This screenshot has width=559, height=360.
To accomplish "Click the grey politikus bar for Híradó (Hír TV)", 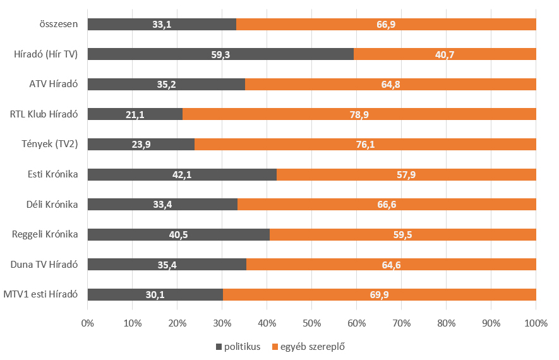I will pos(220,54).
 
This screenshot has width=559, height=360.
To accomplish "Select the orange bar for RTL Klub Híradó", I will pos(359,114).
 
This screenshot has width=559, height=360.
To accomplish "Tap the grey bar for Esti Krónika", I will pos(182,174).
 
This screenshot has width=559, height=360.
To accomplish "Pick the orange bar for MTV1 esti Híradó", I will pos(379,294).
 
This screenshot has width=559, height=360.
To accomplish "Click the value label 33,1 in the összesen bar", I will pos(161,25).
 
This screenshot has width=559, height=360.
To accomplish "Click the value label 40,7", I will pos(444,55).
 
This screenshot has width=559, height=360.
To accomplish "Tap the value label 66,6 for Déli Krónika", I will pos(386,205).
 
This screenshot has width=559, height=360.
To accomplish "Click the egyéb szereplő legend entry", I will pos(308,346).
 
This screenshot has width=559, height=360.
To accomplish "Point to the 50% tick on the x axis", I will pos(312,323).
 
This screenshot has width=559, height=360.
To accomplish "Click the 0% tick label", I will pos(88,323).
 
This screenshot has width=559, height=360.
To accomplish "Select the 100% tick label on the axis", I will pos(536,323).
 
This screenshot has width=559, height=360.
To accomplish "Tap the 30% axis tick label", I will pos(222,323).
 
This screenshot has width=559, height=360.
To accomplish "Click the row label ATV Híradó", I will pos(53,85).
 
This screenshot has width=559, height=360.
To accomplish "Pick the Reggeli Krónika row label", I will pos(45,234).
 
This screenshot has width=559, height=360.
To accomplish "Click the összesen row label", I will pos(57,25).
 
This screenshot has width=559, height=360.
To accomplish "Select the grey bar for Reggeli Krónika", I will pos(179,234).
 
